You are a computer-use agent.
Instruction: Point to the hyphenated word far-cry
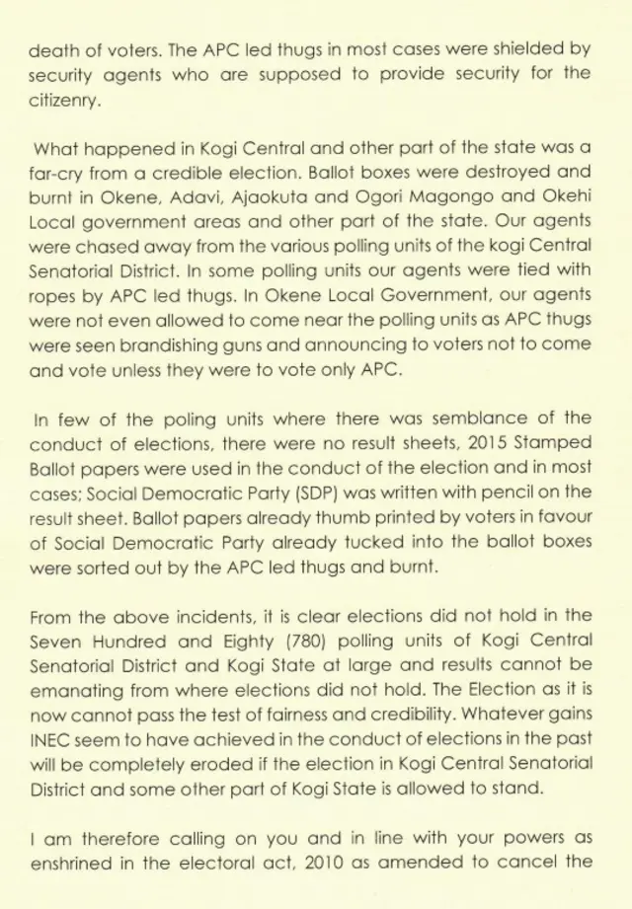[x=57, y=174]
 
